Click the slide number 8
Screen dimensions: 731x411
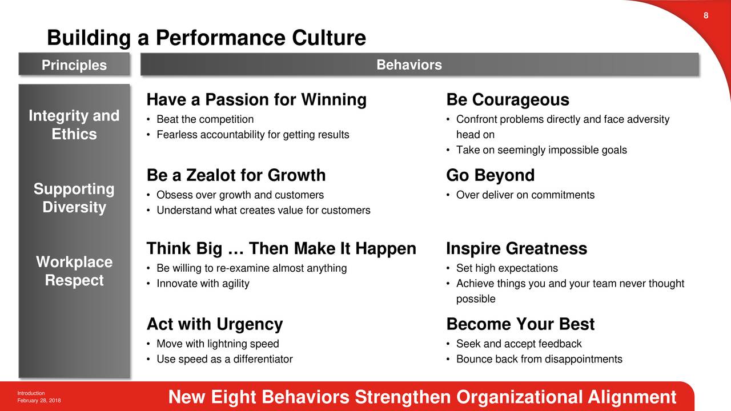(x=706, y=15)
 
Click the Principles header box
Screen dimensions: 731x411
(x=74, y=65)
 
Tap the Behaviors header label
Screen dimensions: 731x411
(x=409, y=65)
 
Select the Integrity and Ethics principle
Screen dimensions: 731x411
(x=74, y=124)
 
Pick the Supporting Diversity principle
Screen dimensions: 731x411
(x=74, y=198)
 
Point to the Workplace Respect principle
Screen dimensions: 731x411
(x=74, y=271)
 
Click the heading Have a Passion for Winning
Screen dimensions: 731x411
(x=256, y=100)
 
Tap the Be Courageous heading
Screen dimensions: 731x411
(x=508, y=100)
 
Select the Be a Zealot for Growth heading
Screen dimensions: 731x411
(x=236, y=175)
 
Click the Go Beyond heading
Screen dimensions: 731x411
(x=491, y=175)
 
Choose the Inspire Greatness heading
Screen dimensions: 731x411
(x=517, y=248)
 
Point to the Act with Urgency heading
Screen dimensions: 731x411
(x=215, y=325)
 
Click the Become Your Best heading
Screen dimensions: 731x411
(x=520, y=324)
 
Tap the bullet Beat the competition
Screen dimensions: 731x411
(x=205, y=119)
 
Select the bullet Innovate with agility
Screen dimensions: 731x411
(x=203, y=284)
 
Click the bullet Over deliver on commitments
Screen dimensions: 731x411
(x=525, y=195)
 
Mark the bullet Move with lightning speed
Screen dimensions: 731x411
(x=218, y=344)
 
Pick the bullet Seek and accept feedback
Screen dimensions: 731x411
(x=519, y=344)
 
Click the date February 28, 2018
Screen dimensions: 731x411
(x=39, y=401)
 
